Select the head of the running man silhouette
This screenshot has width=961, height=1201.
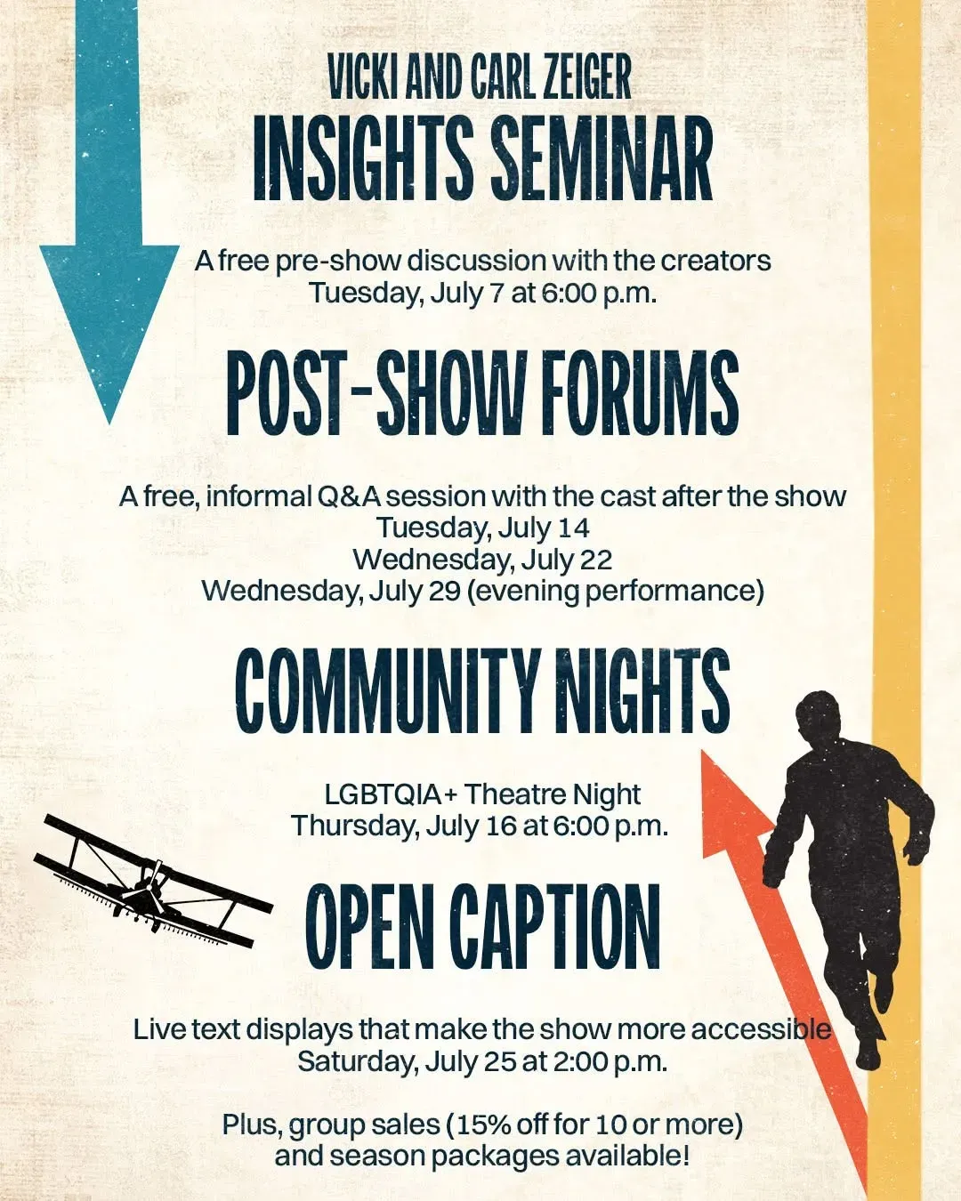pos(818,718)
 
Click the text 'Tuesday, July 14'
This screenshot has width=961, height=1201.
pos(483,528)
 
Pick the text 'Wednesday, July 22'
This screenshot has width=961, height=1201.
pos(482,560)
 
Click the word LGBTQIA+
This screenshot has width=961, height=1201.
pos(391,794)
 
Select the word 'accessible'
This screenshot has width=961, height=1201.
pos(761,1029)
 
